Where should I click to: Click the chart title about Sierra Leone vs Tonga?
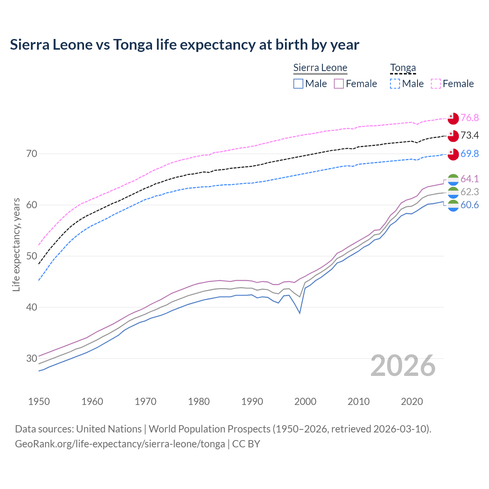185,45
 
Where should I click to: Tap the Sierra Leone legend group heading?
320,68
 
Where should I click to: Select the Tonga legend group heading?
403,68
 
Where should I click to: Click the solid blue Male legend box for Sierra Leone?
298,84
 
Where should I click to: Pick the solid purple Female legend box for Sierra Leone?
339,84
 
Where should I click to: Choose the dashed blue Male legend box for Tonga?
395,84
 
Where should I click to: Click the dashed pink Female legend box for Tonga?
436,84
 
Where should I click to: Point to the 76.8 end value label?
470,118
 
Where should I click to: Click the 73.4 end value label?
470,136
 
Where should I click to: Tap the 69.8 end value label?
470,154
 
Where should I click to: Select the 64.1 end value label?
470,179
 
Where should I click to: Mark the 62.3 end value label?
470,192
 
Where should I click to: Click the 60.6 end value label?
470,205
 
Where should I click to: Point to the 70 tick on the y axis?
32,154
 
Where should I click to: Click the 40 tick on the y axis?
32,307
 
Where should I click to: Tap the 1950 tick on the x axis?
39,402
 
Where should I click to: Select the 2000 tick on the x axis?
305,402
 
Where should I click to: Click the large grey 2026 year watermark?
403,366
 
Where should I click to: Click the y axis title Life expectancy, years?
16,244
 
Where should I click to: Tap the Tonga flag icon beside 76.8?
453,118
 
